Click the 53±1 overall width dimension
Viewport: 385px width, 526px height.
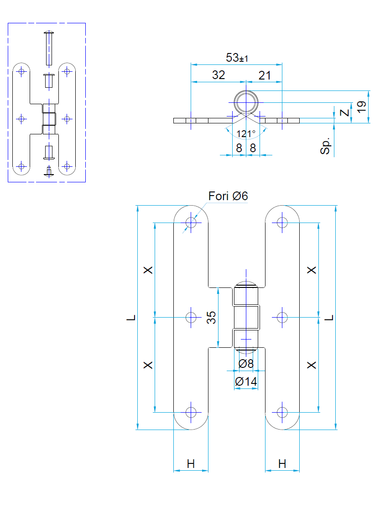tap(237, 58)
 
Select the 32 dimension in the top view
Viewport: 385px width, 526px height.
tap(219, 75)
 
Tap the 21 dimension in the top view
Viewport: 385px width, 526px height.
tap(265, 75)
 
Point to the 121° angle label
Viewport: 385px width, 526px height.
tap(246, 134)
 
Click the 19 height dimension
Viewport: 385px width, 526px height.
tap(361, 106)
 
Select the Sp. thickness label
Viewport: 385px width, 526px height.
tap(325, 146)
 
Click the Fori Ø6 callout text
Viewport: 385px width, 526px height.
tap(228, 196)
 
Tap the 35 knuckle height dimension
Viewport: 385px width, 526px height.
tap(211, 317)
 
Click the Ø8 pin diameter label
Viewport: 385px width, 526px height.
tap(246, 363)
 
